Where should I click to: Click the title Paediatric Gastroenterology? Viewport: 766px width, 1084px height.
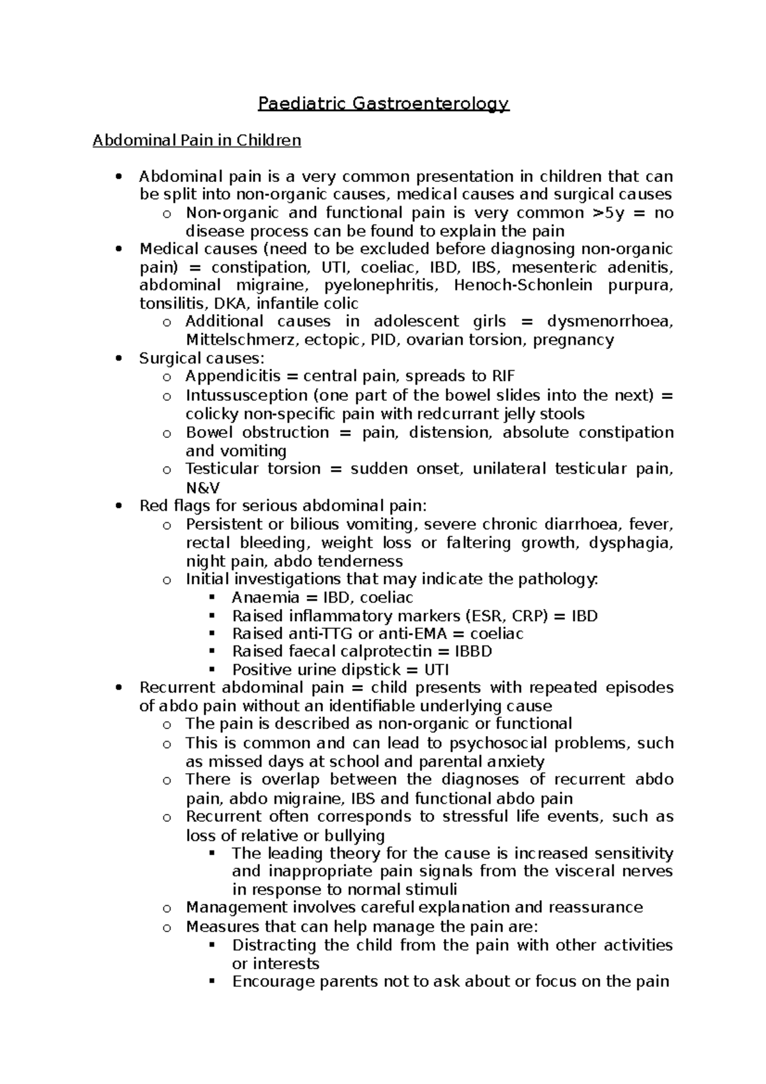pyautogui.click(x=383, y=103)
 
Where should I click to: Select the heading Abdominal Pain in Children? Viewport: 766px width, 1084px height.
pyautogui.click(x=197, y=140)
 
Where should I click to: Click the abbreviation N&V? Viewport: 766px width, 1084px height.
pyautogui.click(x=202, y=487)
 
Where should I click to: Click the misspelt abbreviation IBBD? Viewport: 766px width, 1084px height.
pyautogui.click(x=473, y=652)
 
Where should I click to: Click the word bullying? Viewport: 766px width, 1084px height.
pyautogui.click(x=354, y=836)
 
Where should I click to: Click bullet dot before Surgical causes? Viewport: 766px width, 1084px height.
pyautogui.click(x=116, y=359)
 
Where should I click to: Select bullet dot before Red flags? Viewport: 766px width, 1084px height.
pyautogui.click(x=116, y=506)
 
